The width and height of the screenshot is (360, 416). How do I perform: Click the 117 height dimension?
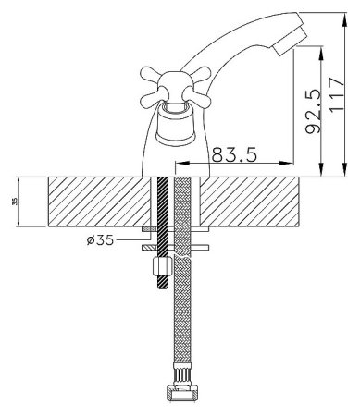pos(336,94)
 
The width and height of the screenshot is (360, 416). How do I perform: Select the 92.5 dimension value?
pos(313,111)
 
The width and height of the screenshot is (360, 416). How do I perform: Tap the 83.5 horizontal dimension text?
pos(234,154)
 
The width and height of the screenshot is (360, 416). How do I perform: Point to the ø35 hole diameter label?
pos(100,239)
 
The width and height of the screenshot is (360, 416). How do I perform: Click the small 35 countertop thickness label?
pos(15,202)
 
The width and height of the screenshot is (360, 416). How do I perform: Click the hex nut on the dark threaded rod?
pos(162,267)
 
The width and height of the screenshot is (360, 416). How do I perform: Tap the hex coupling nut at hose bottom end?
pos(182,393)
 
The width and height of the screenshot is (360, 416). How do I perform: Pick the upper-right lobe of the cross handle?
pos(200,74)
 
